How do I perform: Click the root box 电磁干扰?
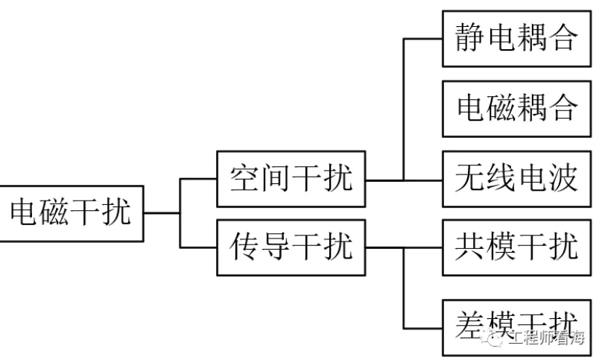(x=72, y=213)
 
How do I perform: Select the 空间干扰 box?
(x=291, y=180)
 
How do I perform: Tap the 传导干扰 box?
(x=291, y=247)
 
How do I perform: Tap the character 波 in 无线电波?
(x=564, y=180)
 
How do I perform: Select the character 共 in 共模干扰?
(x=471, y=247)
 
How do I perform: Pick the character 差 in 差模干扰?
(x=471, y=325)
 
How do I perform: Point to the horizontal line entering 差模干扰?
(x=423, y=328)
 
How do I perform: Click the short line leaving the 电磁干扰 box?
(x=162, y=213)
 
